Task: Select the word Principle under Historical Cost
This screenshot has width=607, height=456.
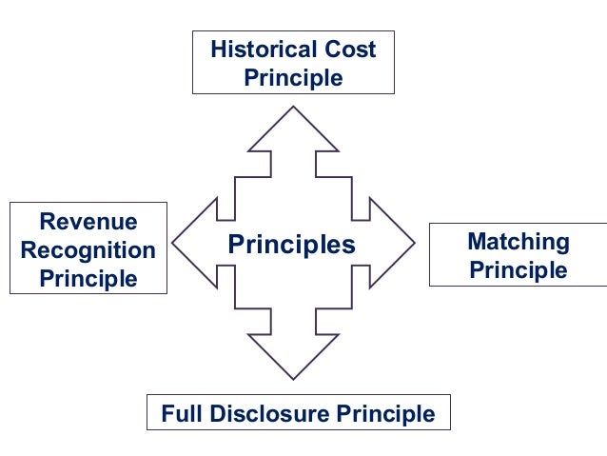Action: [293, 77]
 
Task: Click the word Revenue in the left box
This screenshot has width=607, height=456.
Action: [88, 223]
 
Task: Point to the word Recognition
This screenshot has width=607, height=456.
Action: [88, 250]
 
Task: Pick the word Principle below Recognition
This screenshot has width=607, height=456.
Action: [88, 279]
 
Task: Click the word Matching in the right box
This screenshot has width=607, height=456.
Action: [519, 242]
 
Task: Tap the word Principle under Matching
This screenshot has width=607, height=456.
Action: [519, 270]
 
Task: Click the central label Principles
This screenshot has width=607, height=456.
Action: [291, 245]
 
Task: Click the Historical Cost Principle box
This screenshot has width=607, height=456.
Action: [293, 63]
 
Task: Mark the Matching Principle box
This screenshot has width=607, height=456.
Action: [519, 255]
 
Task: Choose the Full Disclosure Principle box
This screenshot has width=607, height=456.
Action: [298, 414]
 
